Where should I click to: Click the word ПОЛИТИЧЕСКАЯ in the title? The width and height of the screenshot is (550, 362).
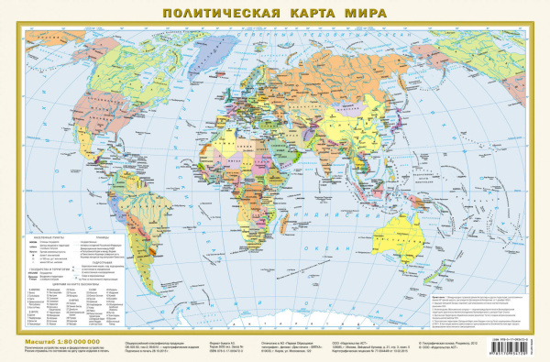coord(210,14)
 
